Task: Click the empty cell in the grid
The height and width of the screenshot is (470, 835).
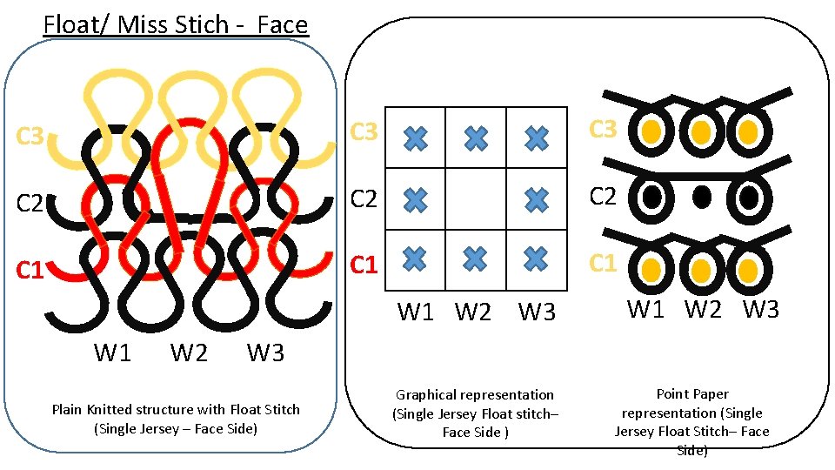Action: pyautogui.click(x=475, y=198)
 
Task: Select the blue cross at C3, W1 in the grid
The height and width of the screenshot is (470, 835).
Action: pyautogui.click(x=417, y=138)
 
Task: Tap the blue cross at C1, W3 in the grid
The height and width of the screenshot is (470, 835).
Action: pyautogui.click(x=537, y=258)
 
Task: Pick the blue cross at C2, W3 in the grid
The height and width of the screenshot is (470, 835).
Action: pyautogui.click(x=537, y=199)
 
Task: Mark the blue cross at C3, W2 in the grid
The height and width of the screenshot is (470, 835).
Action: pyautogui.click(x=475, y=138)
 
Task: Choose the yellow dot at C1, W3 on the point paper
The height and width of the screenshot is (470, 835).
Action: pyautogui.click(x=747, y=269)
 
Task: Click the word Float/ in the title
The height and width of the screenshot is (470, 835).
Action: pyautogui.click(x=77, y=24)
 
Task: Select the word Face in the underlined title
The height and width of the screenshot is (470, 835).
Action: pyautogui.click(x=283, y=24)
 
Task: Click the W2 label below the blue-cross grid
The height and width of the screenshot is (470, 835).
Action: pyautogui.click(x=473, y=312)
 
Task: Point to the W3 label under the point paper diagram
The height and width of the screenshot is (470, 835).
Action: pyautogui.click(x=761, y=309)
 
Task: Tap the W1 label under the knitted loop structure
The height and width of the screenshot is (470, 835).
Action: pyautogui.click(x=113, y=353)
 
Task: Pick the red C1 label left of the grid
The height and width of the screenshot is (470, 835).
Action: pyautogui.click(x=364, y=263)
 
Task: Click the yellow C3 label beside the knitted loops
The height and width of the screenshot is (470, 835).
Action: pyautogui.click(x=30, y=137)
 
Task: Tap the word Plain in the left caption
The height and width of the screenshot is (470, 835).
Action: pyautogui.click(x=68, y=409)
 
